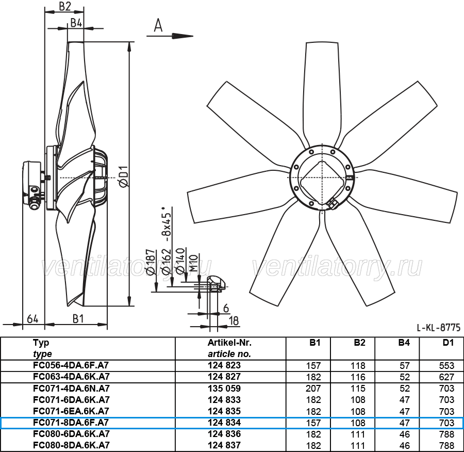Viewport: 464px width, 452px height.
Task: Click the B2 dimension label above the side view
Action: [x=65, y=6]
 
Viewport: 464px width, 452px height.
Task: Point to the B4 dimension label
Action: [x=76, y=23]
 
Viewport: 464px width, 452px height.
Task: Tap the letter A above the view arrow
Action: [x=158, y=25]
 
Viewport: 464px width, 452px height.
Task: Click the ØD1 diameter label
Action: [x=124, y=176]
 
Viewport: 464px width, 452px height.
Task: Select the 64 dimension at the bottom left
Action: [x=32, y=319]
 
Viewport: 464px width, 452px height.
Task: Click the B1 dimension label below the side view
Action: [x=78, y=319]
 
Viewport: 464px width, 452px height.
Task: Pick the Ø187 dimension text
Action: [x=151, y=262]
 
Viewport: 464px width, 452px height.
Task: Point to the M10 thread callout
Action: [x=193, y=263]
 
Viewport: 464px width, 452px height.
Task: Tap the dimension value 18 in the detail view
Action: [x=234, y=321]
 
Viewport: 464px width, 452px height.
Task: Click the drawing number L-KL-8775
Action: [x=439, y=327]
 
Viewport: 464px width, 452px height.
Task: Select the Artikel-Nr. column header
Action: [x=229, y=343]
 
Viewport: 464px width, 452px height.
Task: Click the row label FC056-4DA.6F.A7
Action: [x=71, y=365]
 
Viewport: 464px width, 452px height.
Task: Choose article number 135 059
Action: [x=224, y=389]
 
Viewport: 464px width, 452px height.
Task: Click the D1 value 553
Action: [x=446, y=365]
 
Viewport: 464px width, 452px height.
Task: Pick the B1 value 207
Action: [x=313, y=389]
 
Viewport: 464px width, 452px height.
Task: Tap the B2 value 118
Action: [x=358, y=365]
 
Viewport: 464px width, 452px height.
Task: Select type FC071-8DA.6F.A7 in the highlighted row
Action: [x=71, y=423]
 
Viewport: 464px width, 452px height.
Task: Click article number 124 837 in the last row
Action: [x=224, y=445]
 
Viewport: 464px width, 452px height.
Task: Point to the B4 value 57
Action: [x=405, y=365]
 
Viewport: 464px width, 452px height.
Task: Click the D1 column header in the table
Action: [x=448, y=343]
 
